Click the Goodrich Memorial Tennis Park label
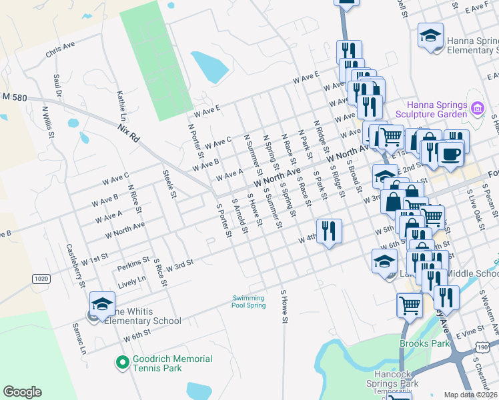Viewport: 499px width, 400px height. [x=172, y=363]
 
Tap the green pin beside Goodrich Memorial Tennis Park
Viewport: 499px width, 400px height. [x=122, y=363]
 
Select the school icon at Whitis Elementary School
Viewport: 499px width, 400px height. [x=102, y=303]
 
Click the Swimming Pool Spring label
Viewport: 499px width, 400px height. [x=249, y=301]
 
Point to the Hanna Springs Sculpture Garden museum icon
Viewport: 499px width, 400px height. [x=477, y=108]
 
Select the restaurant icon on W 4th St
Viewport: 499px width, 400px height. [x=328, y=231]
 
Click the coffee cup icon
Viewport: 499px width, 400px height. [x=451, y=154]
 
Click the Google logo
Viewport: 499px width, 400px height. [x=23, y=391]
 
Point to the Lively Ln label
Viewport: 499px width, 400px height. [x=131, y=282]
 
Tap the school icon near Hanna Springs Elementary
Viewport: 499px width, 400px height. [x=430, y=35]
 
